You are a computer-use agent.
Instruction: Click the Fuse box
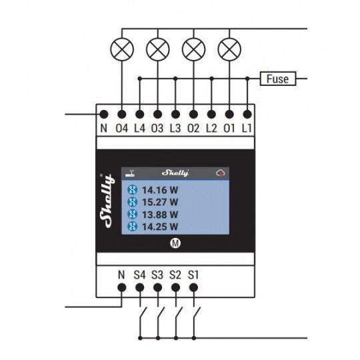click(x=278, y=79)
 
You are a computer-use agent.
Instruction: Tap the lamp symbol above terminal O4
click(x=122, y=49)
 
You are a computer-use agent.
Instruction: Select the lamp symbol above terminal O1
click(x=229, y=49)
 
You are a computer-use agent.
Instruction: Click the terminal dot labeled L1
click(x=247, y=114)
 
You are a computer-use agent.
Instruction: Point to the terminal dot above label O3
click(x=158, y=114)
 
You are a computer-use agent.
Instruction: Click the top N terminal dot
click(x=104, y=114)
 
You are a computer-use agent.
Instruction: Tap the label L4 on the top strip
click(x=139, y=128)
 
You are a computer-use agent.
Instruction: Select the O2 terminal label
click(x=193, y=128)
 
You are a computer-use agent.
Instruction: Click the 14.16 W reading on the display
click(x=160, y=190)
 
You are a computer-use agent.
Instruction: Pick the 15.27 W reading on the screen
click(x=160, y=202)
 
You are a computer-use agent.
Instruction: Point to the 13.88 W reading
click(x=160, y=215)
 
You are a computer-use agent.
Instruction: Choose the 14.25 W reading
click(x=160, y=227)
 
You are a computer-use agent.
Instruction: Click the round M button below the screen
click(x=175, y=243)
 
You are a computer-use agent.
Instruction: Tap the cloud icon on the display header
click(x=221, y=173)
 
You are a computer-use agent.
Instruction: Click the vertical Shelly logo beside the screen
click(x=107, y=201)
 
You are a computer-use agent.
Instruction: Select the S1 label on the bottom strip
click(x=193, y=275)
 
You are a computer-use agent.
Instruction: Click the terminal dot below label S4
click(x=140, y=287)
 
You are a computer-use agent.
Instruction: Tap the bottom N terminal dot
click(x=122, y=287)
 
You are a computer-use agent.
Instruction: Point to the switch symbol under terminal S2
click(x=178, y=313)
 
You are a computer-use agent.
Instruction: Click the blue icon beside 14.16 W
click(x=132, y=190)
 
